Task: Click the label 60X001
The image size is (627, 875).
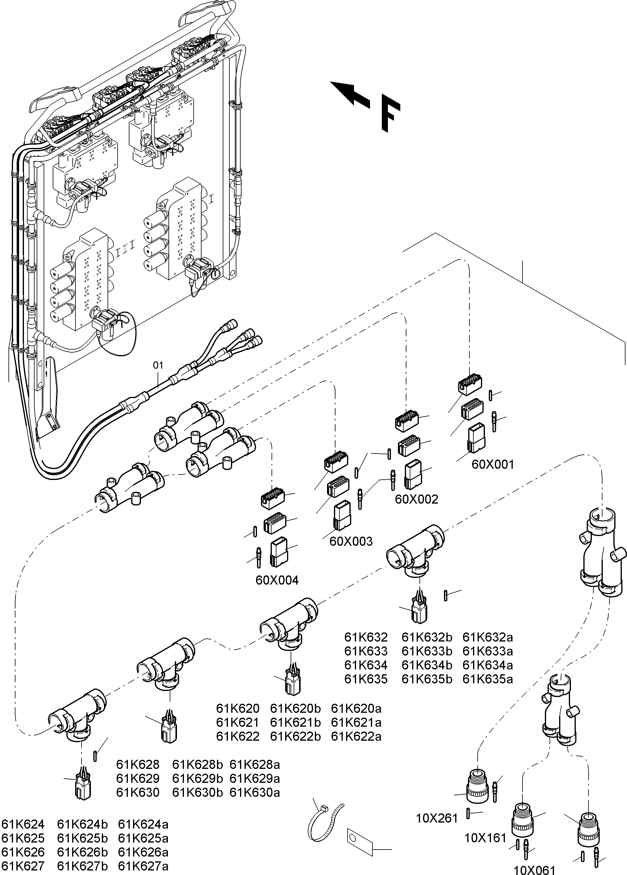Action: (x=493, y=464)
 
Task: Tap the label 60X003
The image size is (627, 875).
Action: (x=351, y=541)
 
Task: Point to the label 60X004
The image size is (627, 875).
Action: (x=277, y=580)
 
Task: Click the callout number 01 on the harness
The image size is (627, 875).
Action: (x=158, y=365)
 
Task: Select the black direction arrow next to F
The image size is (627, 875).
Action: (x=350, y=94)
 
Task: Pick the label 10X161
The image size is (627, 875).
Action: (x=485, y=838)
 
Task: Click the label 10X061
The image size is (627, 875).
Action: (x=535, y=870)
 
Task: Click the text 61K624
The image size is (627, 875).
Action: (x=23, y=824)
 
